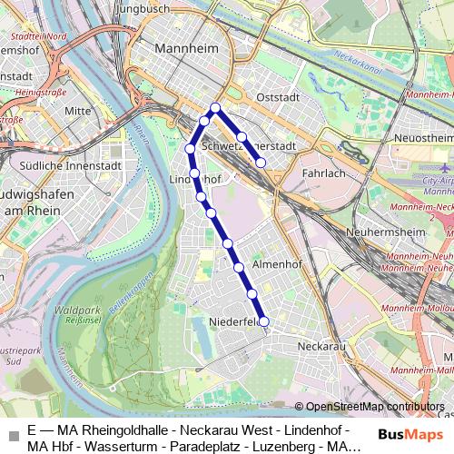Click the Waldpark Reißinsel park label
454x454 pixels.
[x=78, y=315]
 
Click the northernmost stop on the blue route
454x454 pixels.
[x=215, y=108]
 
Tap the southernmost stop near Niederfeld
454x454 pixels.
[x=264, y=321]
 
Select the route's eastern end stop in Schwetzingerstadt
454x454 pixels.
[x=261, y=163]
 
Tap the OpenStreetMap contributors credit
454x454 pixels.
[x=375, y=407]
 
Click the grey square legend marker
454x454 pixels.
[x=12, y=436]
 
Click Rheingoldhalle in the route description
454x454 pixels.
[x=113, y=429]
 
